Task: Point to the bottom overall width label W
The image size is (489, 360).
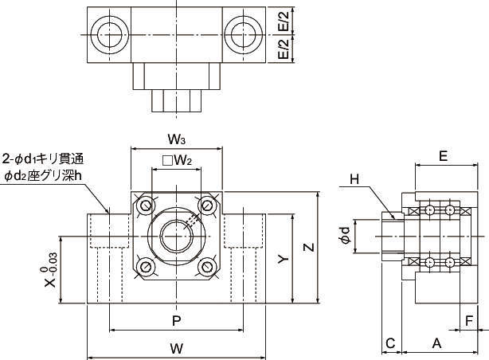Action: point(177,348)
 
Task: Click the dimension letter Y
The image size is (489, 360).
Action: point(281,260)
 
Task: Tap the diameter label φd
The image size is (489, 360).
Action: point(344,235)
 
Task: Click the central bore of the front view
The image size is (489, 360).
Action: point(176,236)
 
